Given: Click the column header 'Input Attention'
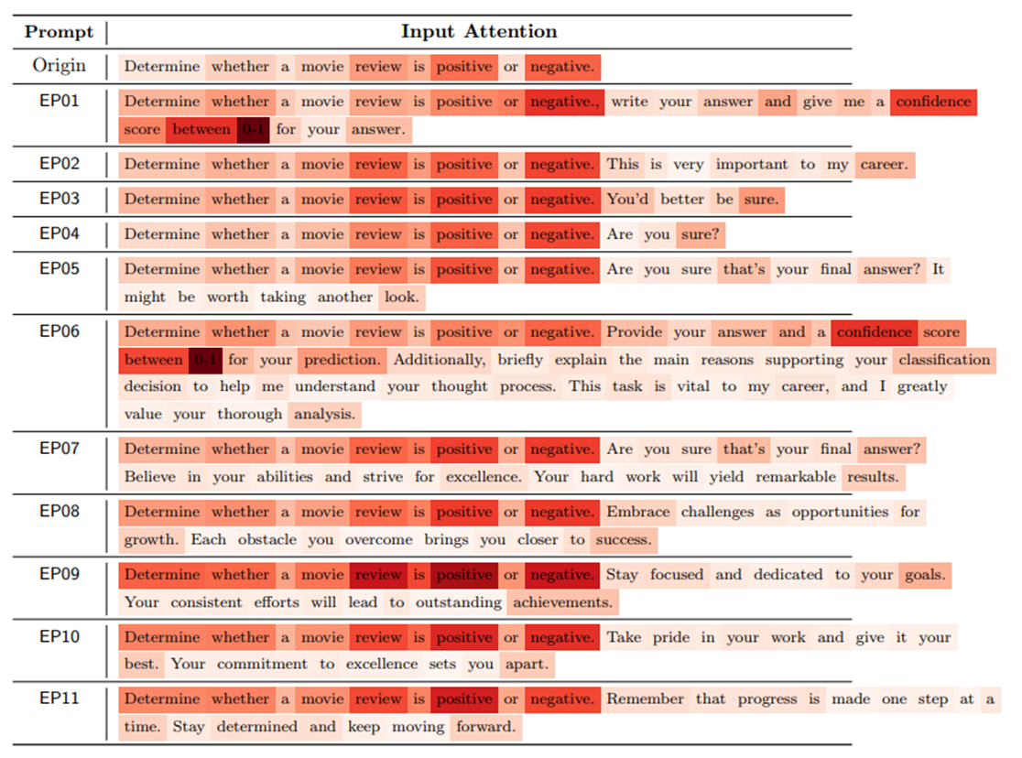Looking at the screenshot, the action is [x=479, y=31].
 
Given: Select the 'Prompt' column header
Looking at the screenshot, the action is [x=60, y=32].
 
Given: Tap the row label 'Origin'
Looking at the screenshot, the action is [x=60, y=66].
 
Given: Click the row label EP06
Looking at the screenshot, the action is [x=60, y=331].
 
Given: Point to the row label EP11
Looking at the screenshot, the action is [x=60, y=698].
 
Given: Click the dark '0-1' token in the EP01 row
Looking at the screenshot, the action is [x=253, y=130].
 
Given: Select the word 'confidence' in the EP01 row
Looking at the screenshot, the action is [x=933, y=102].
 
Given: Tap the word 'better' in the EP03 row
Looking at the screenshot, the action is [x=682, y=200].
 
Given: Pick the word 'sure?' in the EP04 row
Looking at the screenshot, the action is [x=700, y=234].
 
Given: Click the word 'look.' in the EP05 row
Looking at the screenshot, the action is [x=401, y=298].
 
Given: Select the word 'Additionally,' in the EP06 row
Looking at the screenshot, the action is [x=440, y=360].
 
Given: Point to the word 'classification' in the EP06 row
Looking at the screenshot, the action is [x=944, y=360].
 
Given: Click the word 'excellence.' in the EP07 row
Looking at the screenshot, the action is [x=484, y=477].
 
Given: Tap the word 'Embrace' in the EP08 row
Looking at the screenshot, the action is [x=638, y=513].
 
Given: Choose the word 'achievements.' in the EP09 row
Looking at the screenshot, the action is [x=562, y=602].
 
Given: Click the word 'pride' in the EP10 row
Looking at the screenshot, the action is [x=671, y=637].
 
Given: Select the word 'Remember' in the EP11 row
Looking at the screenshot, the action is [x=646, y=699].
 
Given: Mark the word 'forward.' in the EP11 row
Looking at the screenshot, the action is [x=486, y=727].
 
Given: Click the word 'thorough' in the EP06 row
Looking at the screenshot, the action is [x=250, y=415].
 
